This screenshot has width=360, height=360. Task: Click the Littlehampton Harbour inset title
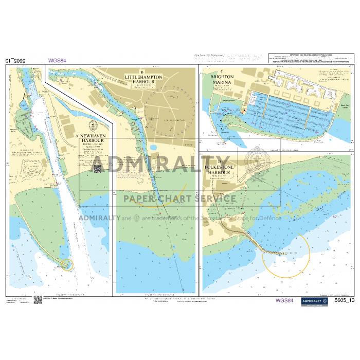(143, 79)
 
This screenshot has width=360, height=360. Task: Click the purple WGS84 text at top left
(57, 61)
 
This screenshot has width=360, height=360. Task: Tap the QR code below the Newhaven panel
(38, 300)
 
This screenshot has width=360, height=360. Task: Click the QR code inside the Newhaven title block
(98, 168)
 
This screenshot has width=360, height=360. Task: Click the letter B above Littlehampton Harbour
(142, 72)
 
